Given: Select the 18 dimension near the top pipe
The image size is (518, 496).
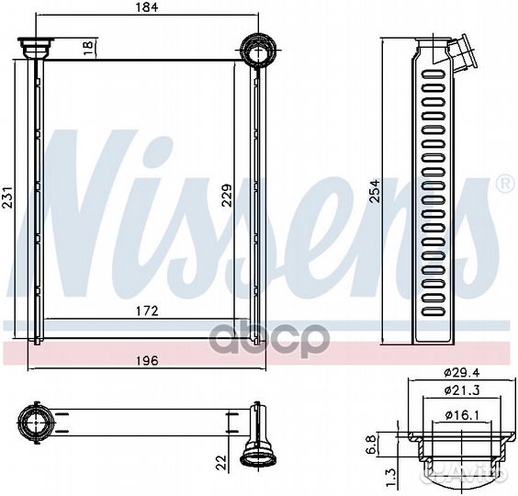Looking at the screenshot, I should point(88,45).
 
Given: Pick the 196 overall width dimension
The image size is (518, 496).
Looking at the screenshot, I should point(147,361).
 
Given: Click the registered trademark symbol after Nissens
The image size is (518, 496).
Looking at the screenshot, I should point(503,185).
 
